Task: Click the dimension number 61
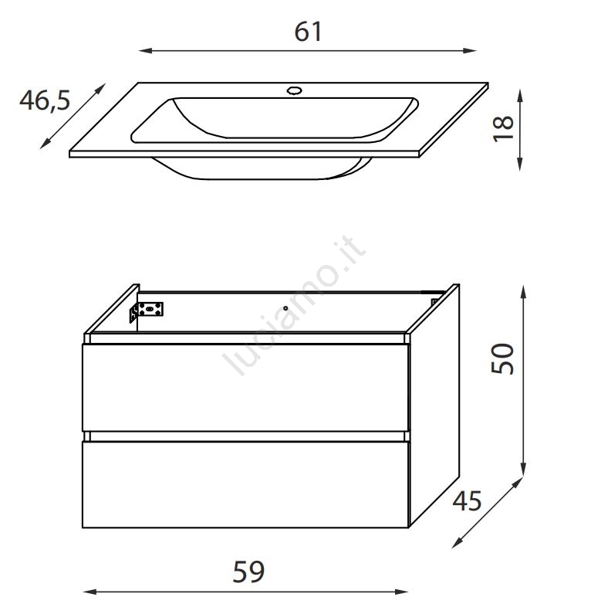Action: (x=308, y=32)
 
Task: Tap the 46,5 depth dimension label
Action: (x=45, y=100)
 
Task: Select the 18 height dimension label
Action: (x=503, y=128)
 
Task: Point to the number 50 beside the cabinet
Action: (x=502, y=358)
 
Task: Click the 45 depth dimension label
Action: (x=467, y=500)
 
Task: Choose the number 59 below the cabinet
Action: (x=248, y=572)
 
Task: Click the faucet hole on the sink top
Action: (x=294, y=91)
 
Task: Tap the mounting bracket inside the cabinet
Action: (x=147, y=311)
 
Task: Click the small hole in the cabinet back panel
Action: (x=285, y=308)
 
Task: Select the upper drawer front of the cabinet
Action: (x=245, y=388)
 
